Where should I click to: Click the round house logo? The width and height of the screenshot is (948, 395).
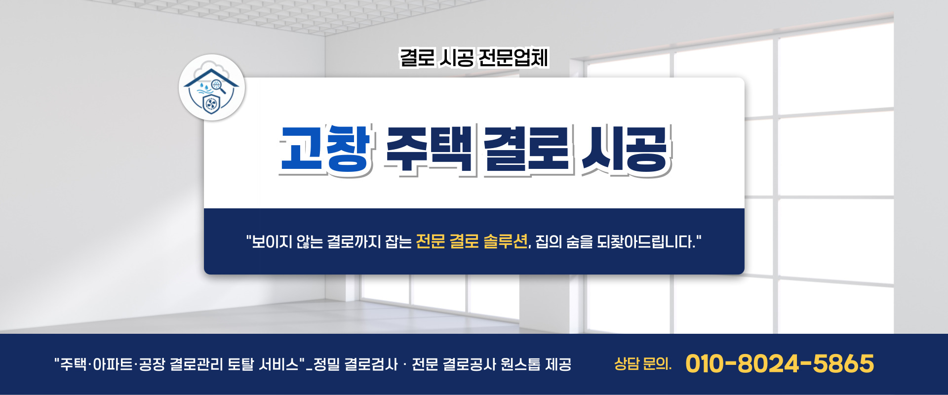[x=212, y=87]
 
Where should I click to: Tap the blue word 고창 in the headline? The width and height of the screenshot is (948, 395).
[x=325, y=149]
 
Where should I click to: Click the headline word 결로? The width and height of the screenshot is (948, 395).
[x=526, y=149]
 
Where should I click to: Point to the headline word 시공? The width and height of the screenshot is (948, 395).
[x=625, y=149]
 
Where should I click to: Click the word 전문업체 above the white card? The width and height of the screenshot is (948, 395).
[x=513, y=58]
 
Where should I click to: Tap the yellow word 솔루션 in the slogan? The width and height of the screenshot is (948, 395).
[x=505, y=241]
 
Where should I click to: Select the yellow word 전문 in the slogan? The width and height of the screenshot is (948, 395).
[x=431, y=241]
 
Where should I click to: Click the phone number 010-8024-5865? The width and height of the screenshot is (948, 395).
[x=779, y=364]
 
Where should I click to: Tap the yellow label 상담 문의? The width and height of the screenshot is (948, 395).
[x=642, y=364]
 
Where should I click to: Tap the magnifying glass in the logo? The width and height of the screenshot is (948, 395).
[x=218, y=86]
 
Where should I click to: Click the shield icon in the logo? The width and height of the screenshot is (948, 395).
[x=211, y=104]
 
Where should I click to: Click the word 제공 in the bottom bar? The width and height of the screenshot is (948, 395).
[x=558, y=364]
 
